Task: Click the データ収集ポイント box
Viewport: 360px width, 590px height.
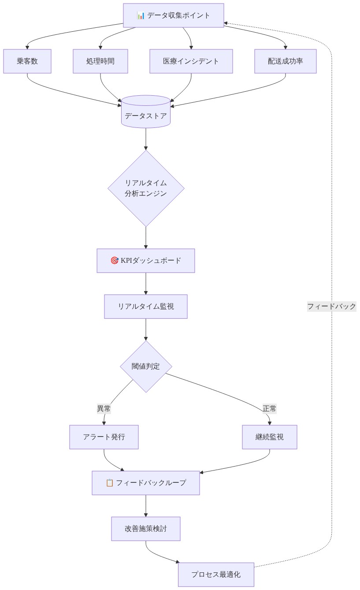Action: (173, 15)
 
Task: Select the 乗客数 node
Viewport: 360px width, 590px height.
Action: (27, 61)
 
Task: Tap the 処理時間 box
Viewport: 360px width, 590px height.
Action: (100, 61)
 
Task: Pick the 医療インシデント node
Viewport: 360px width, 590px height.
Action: (191, 61)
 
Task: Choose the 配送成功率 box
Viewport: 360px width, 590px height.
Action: (286, 61)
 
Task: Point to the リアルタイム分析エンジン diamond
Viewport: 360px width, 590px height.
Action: (146, 188)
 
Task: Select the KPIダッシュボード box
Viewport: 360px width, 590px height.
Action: (146, 261)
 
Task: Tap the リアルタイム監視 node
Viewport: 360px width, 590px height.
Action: (146, 306)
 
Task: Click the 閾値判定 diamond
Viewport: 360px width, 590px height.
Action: (146, 366)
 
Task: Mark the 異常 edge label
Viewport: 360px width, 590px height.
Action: (104, 409)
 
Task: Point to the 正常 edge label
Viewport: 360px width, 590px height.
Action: (270, 409)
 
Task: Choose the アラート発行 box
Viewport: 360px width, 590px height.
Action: (104, 437)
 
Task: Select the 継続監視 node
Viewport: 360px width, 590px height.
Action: (270, 437)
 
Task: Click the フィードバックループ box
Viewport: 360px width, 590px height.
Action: (146, 483)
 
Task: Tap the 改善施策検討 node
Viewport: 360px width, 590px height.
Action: (146, 529)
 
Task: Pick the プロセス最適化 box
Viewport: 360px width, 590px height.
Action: (216, 575)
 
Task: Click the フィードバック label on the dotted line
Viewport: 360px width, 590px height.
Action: (331, 306)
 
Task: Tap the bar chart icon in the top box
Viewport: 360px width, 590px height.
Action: (141, 16)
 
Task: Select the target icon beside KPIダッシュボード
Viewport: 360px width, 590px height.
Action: (115, 261)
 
